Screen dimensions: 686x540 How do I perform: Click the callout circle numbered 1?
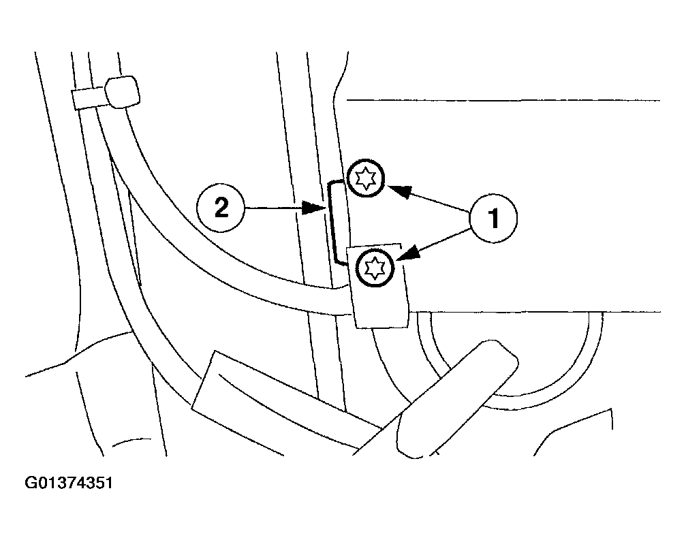(493, 218)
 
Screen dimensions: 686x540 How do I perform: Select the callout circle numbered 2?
(221, 208)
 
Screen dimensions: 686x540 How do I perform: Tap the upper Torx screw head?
(366, 178)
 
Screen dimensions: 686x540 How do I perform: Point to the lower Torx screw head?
(375, 268)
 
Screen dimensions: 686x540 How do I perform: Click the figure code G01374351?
(69, 483)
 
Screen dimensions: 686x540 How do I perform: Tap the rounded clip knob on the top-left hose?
(123, 91)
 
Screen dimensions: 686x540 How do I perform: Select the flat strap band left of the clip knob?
(89, 98)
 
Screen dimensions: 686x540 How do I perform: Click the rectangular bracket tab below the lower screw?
(379, 287)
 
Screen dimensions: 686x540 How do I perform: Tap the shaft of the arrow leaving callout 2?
(274, 208)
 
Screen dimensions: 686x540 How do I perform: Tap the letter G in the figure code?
(31, 483)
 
